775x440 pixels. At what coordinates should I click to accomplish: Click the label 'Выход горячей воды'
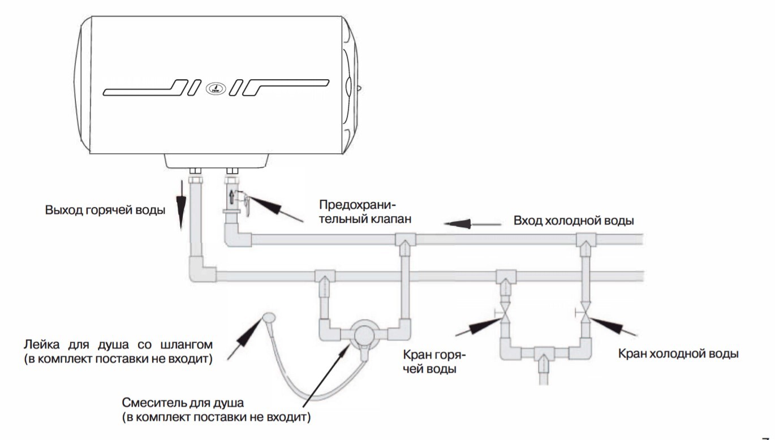point(105,212)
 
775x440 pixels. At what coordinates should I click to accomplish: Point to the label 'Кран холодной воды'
point(678,354)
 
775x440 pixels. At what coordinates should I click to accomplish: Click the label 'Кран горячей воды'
point(434,362)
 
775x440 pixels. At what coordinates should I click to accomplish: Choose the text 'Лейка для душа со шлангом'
point(118,344)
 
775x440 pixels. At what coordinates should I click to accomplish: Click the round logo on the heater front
point(216,89)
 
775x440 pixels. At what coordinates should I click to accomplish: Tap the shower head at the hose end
point(268,317)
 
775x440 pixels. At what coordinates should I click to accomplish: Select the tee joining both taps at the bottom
point(544,354)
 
